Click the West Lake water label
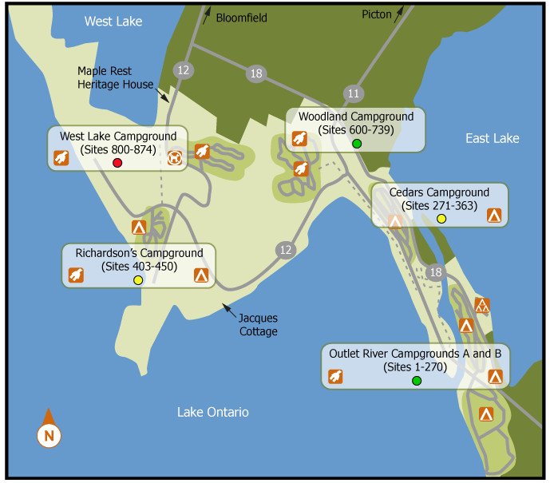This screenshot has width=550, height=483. pyautogui.click(x=113, y=22)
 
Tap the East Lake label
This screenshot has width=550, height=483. pyautogui.click(x=492, y=139)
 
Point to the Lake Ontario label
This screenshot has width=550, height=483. pyautogui.click(x=213, y=412)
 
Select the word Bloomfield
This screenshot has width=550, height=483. pyautogui.click(x=242, y=17)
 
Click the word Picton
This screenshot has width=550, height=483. pyautogui.click(x=377, y=14)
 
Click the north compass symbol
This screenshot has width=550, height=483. pyautogui.click(x=49, y=435)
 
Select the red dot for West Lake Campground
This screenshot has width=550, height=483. pyautogui.click(x=117, y=163)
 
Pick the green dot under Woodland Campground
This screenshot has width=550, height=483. pyautogui.click(x=357, y=144)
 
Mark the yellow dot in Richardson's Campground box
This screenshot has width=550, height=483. pyautogui.click(x=138, y=280)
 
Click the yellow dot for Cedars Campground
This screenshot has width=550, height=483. pyautogui.click(x=441, y=219)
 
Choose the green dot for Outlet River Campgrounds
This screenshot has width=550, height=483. pyautogui.click(x=416, y=381)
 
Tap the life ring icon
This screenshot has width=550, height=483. pyautogui.click(x=175, y=158)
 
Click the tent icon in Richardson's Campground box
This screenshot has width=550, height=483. pyautogui.click(x=200, y=275)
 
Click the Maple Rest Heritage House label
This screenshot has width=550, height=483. pyautogui.click(x=115, y=77)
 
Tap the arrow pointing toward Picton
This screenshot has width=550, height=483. pyautogui.click(x=399, y=11)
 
